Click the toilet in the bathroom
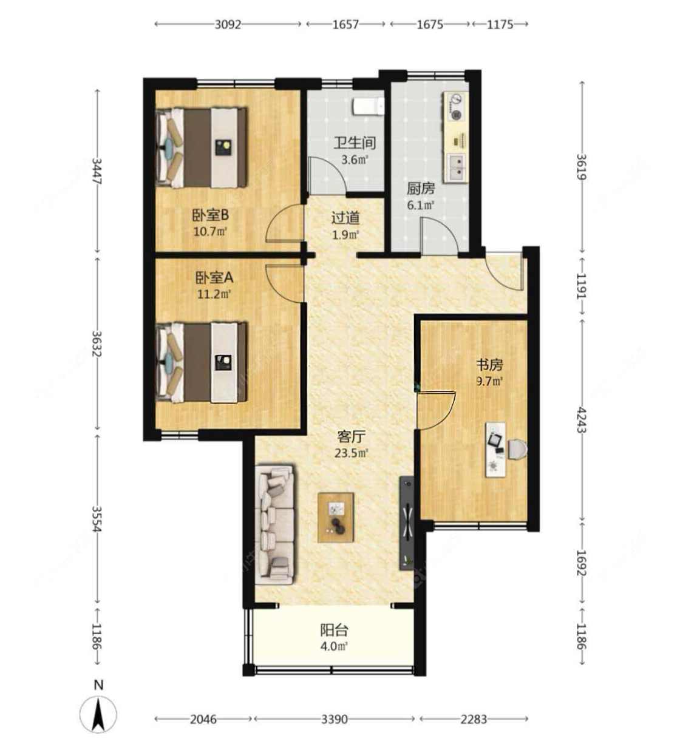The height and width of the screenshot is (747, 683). (x=368, y=106)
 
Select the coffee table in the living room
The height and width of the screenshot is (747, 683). (x=335, y=517)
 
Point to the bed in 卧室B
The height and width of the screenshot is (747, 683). (x=202, y=147)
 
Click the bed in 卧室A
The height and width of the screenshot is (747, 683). (x=202, y=362)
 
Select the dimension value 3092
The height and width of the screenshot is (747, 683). (x=228, y=25)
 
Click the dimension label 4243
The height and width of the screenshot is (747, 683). (x=581, y=420)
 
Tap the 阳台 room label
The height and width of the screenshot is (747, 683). (x=335, y=630)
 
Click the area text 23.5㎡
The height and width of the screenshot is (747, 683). (x=352, y=453)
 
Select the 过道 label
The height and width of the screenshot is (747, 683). (x=345, y=218)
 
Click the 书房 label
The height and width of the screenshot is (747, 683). (x=489, y=365)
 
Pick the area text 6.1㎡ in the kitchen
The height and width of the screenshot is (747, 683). (x=421, y=205)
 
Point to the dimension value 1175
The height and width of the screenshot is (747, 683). (x=500, y=25)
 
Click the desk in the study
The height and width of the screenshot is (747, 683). (x=495, y=450)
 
